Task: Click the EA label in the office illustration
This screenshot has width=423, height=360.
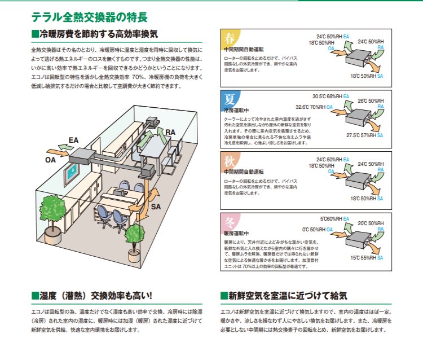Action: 74,139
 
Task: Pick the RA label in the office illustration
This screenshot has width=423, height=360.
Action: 169,132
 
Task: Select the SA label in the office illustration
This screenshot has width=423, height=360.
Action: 157,208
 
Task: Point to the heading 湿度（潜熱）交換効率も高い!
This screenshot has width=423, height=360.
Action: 96,296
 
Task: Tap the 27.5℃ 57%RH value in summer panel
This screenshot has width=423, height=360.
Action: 361,135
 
